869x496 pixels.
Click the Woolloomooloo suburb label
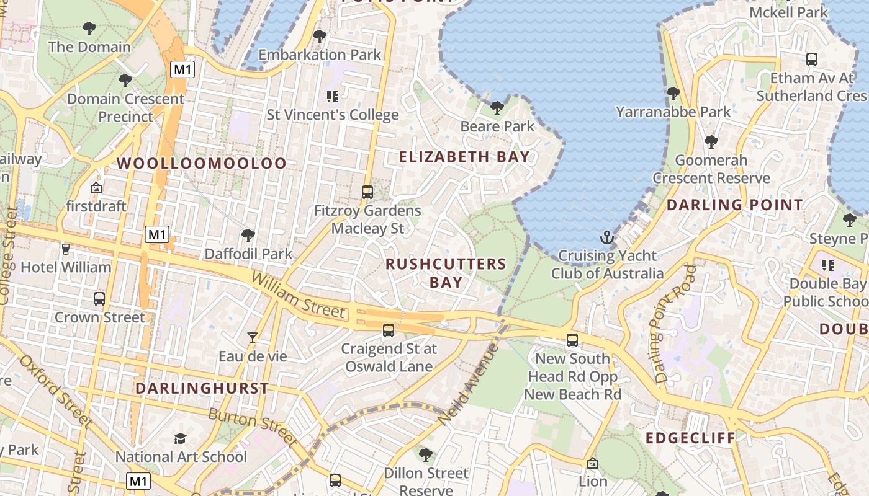pyautogui.click(x=202, y=164)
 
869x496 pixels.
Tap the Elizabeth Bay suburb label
pyautogui.click(x=464, y=157)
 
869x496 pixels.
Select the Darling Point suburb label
pyautogui.click(x=734, y=205)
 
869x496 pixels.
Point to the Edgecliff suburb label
pyautogui.click(x=690, y=438)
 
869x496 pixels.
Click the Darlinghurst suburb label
pyautogui.click(x=202, y=389)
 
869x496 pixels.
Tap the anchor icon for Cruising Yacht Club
pyautogui.click(x=606, y=237)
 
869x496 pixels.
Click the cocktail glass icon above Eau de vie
pyautogui.click(x=253, y=338)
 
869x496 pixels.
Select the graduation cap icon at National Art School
pyautogui.click(x=180, y=439)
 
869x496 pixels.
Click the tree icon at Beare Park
pyautogui.click(x=497, y=108)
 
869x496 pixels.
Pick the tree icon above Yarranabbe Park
pyautogui.click(x=673, y=94)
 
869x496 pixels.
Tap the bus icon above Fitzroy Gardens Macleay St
pyautogui.click(x=367, y=192)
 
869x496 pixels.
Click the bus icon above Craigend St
pyautogui.click(x=389, y=330)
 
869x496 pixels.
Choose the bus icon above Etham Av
pyautogui.click(x=811, y=60)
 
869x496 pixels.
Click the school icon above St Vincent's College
pyautogui.click(x=332, y=97)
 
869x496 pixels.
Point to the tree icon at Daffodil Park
pyautogui.click(x=248, y=236)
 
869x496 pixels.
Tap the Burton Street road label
pyautogui.click(x=252, y=426)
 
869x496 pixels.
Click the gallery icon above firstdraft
pyautogui.click(x=96, y=188)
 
